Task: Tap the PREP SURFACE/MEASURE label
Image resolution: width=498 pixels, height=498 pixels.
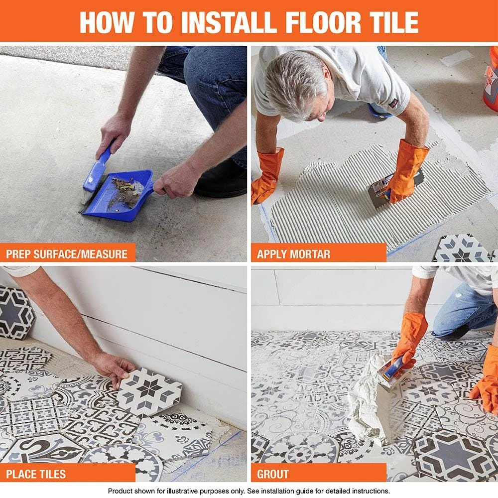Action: [x=67, y=254]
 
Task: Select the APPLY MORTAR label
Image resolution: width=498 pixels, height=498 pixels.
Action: [x=293, y=254]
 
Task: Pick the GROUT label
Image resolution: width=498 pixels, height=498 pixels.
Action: [x=272, y=474]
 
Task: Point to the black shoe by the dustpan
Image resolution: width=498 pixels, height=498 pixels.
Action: [x=219, y=184]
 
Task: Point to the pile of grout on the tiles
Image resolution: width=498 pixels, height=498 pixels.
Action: [x=369, y=398]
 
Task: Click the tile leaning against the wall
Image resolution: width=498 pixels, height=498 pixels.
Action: [x=15, y=311]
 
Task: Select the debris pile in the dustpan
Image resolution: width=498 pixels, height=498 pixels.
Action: [x=127, y=192]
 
